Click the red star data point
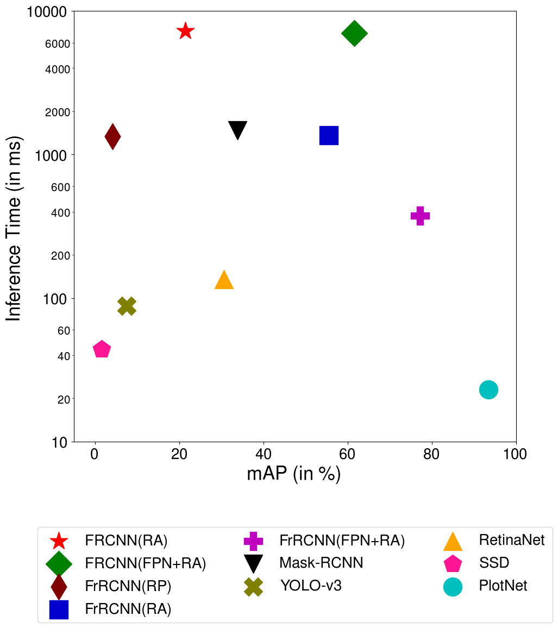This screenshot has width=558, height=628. pos(185,31)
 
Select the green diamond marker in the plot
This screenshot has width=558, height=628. pos(354,34)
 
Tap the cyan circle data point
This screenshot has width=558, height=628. pos(488,390)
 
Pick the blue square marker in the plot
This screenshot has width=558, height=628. pos(329,135)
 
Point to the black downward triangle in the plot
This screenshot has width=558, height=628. pos(238,129)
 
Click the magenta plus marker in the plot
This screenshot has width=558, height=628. pos(420,216)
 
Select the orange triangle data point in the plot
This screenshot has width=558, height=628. pos(224,280)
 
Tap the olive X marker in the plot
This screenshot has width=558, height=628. pos(127,306)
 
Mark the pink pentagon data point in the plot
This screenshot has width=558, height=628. pos(102,349)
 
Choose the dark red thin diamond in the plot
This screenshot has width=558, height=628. pos(112,136)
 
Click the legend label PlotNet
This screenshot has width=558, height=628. pos(503,586)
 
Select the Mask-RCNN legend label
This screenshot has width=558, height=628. pos(321,563)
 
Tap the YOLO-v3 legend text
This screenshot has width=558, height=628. pos(311,586)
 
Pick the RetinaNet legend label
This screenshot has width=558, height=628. pos(512,540)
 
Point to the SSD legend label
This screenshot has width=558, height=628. pos(494,563)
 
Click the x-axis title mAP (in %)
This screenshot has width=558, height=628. pos(294,474)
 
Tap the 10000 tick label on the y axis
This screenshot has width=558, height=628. pos(47,11)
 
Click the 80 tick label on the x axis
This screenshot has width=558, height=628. pos(432,454)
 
